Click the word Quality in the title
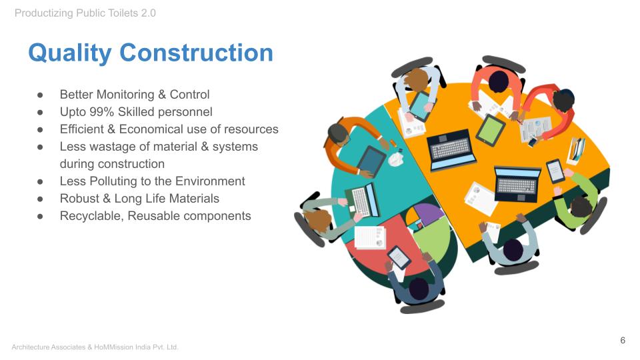click(70, 53)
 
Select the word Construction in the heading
click(196, 53)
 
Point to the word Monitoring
click(125, 95)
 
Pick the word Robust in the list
click(79, 199)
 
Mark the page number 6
click(623, 341)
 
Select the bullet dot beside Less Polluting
click(40, 181)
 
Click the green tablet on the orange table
click(491, 130)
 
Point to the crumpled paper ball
click(395, 159)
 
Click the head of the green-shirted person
click(581, 207)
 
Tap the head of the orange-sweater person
click(338, 134)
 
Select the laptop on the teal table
click(362, 201)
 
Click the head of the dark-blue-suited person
click(419, 289)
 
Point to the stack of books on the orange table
click(576, 151)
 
